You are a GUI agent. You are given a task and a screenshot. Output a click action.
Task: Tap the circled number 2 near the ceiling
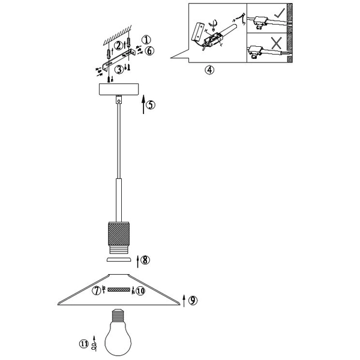click(119, 45)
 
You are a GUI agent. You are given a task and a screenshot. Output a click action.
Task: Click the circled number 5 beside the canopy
click(151, 104)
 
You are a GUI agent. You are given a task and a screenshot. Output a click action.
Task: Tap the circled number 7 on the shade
click(97, 291)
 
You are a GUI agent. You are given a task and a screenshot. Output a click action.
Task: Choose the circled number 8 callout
click(146, 260)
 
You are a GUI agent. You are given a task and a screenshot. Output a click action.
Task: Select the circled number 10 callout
click(140, 292)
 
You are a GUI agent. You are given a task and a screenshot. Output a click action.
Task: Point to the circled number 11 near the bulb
click(83, 344)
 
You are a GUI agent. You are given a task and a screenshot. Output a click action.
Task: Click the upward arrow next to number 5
click(143, 106)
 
